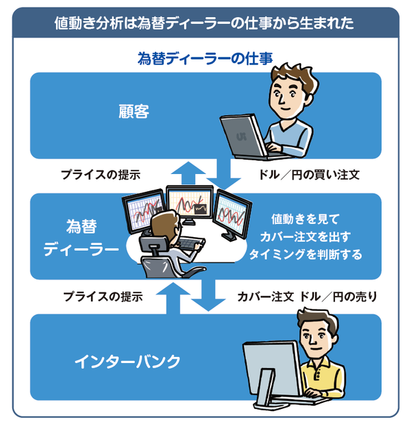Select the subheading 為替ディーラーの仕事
tap(205, 58)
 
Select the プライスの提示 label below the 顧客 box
tap(101, 175)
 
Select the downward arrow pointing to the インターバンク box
tap(204, 296)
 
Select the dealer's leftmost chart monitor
tap(142, 212)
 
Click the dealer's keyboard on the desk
tap(192, 243)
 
